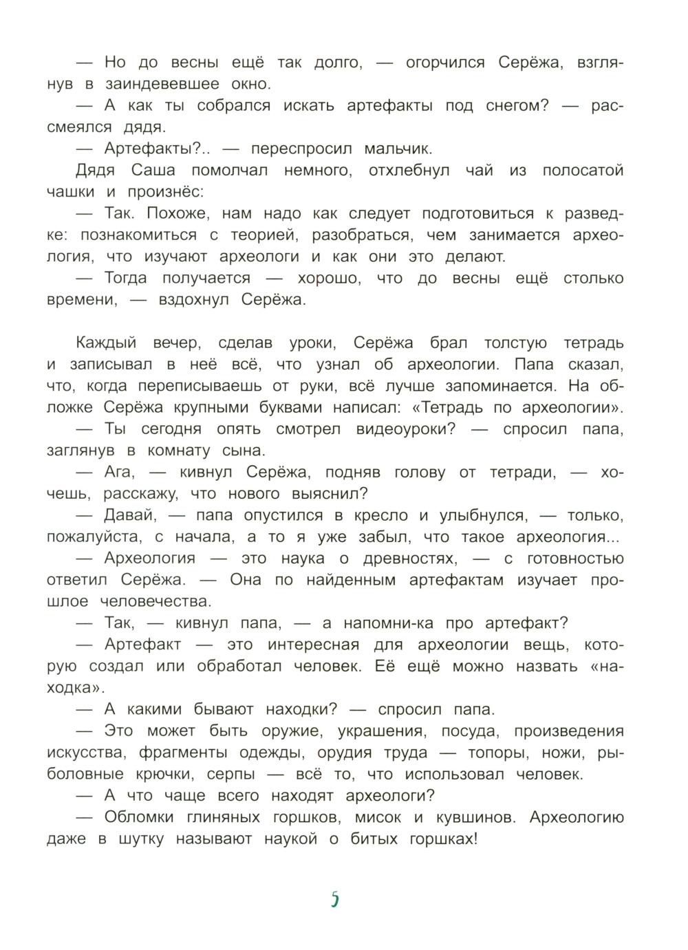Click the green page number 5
coord(335,898)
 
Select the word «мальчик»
coord(398,149)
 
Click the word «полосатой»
coord(583,170)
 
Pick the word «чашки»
coord(71,192)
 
